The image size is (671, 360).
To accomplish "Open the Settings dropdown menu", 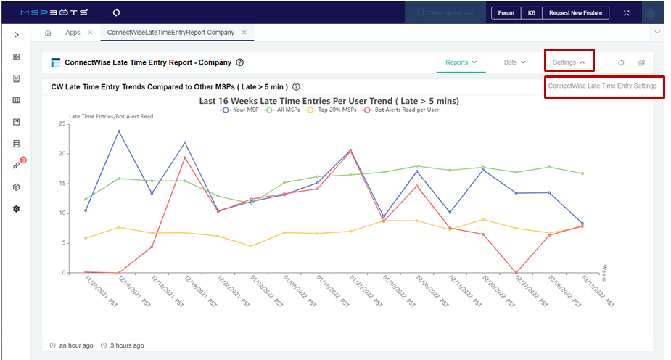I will (568, 62).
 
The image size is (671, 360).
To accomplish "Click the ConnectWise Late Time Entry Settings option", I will (602, 86).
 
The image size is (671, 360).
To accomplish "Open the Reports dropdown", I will (461, 62).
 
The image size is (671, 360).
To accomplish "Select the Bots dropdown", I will (514, 62).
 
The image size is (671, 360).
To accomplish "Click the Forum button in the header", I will (506, 13).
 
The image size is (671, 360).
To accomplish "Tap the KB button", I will (532, 13).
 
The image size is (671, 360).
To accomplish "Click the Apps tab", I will (73, 33).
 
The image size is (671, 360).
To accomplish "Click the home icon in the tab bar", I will (48, 33).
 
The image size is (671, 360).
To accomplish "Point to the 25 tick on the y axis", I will (62, 124).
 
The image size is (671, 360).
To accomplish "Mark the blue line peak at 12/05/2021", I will (118, 131).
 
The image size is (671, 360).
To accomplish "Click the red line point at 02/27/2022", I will (516, 273).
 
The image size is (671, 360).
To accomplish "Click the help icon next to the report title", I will (240, 63).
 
